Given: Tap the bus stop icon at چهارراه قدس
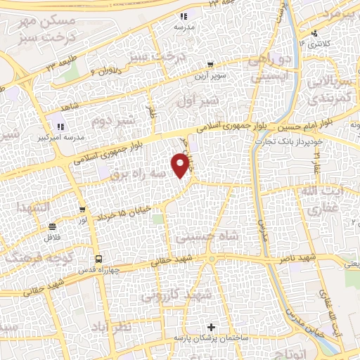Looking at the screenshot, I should [98, 258].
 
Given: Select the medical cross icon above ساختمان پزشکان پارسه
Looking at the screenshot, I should [212, 328].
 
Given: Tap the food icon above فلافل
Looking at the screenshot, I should [52, 226].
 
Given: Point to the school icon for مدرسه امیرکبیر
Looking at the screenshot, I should [60, 127].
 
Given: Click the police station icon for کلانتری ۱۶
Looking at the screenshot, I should [314, 32].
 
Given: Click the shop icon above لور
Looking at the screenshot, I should [84, 209].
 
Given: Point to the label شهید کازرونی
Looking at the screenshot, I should [175, 296].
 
